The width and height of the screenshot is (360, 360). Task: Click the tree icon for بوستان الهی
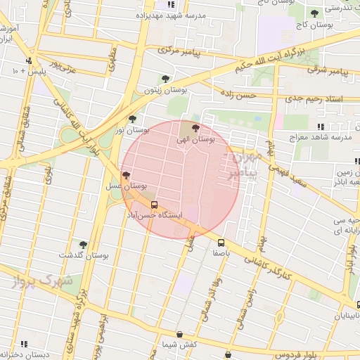[195, 129]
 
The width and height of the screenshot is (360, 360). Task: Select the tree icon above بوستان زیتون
[165, 79]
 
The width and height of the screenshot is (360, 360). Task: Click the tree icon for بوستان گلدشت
[83, 245]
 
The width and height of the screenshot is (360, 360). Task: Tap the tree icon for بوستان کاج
[314, 13]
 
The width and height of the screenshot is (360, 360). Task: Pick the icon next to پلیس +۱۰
[29, 60]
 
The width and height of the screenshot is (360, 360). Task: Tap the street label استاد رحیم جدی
[316, 98]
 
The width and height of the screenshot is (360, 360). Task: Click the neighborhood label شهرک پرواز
[42, 281]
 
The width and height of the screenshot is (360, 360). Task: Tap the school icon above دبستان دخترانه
[24, 344]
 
